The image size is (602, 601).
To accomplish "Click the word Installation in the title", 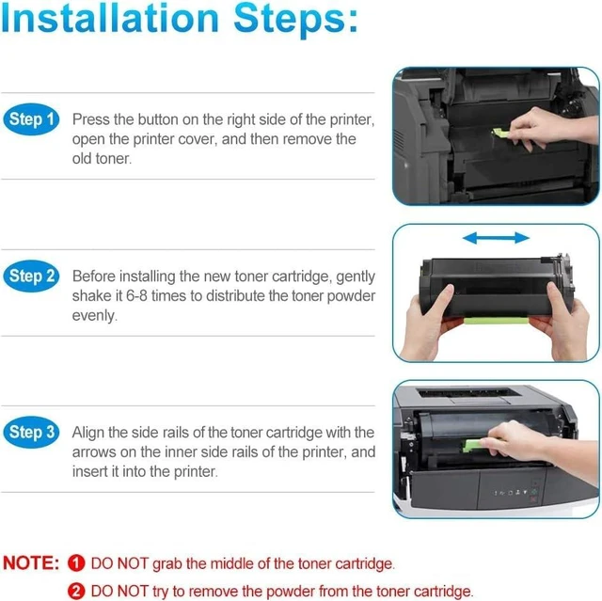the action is pos(110,19).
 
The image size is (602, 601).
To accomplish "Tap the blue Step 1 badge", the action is pos(31,119).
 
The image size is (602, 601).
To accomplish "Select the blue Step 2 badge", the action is pos(31,276).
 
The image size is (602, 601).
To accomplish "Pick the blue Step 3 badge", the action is pos(31,432).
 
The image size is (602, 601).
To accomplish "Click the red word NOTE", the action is pos(31,563).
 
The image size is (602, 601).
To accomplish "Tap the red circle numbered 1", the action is pos(76,563).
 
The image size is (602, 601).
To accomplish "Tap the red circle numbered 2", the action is pos(76,591).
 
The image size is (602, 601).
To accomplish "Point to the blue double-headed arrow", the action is pos(496,238).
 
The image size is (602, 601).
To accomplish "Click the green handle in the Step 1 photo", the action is pos(501,134).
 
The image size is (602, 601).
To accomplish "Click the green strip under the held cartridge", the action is pos(496,320).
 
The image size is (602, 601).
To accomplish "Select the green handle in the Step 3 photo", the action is pos(475,445).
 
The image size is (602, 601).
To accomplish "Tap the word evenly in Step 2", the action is pos(94,315).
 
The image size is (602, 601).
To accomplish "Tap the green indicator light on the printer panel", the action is pos(533,492).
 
